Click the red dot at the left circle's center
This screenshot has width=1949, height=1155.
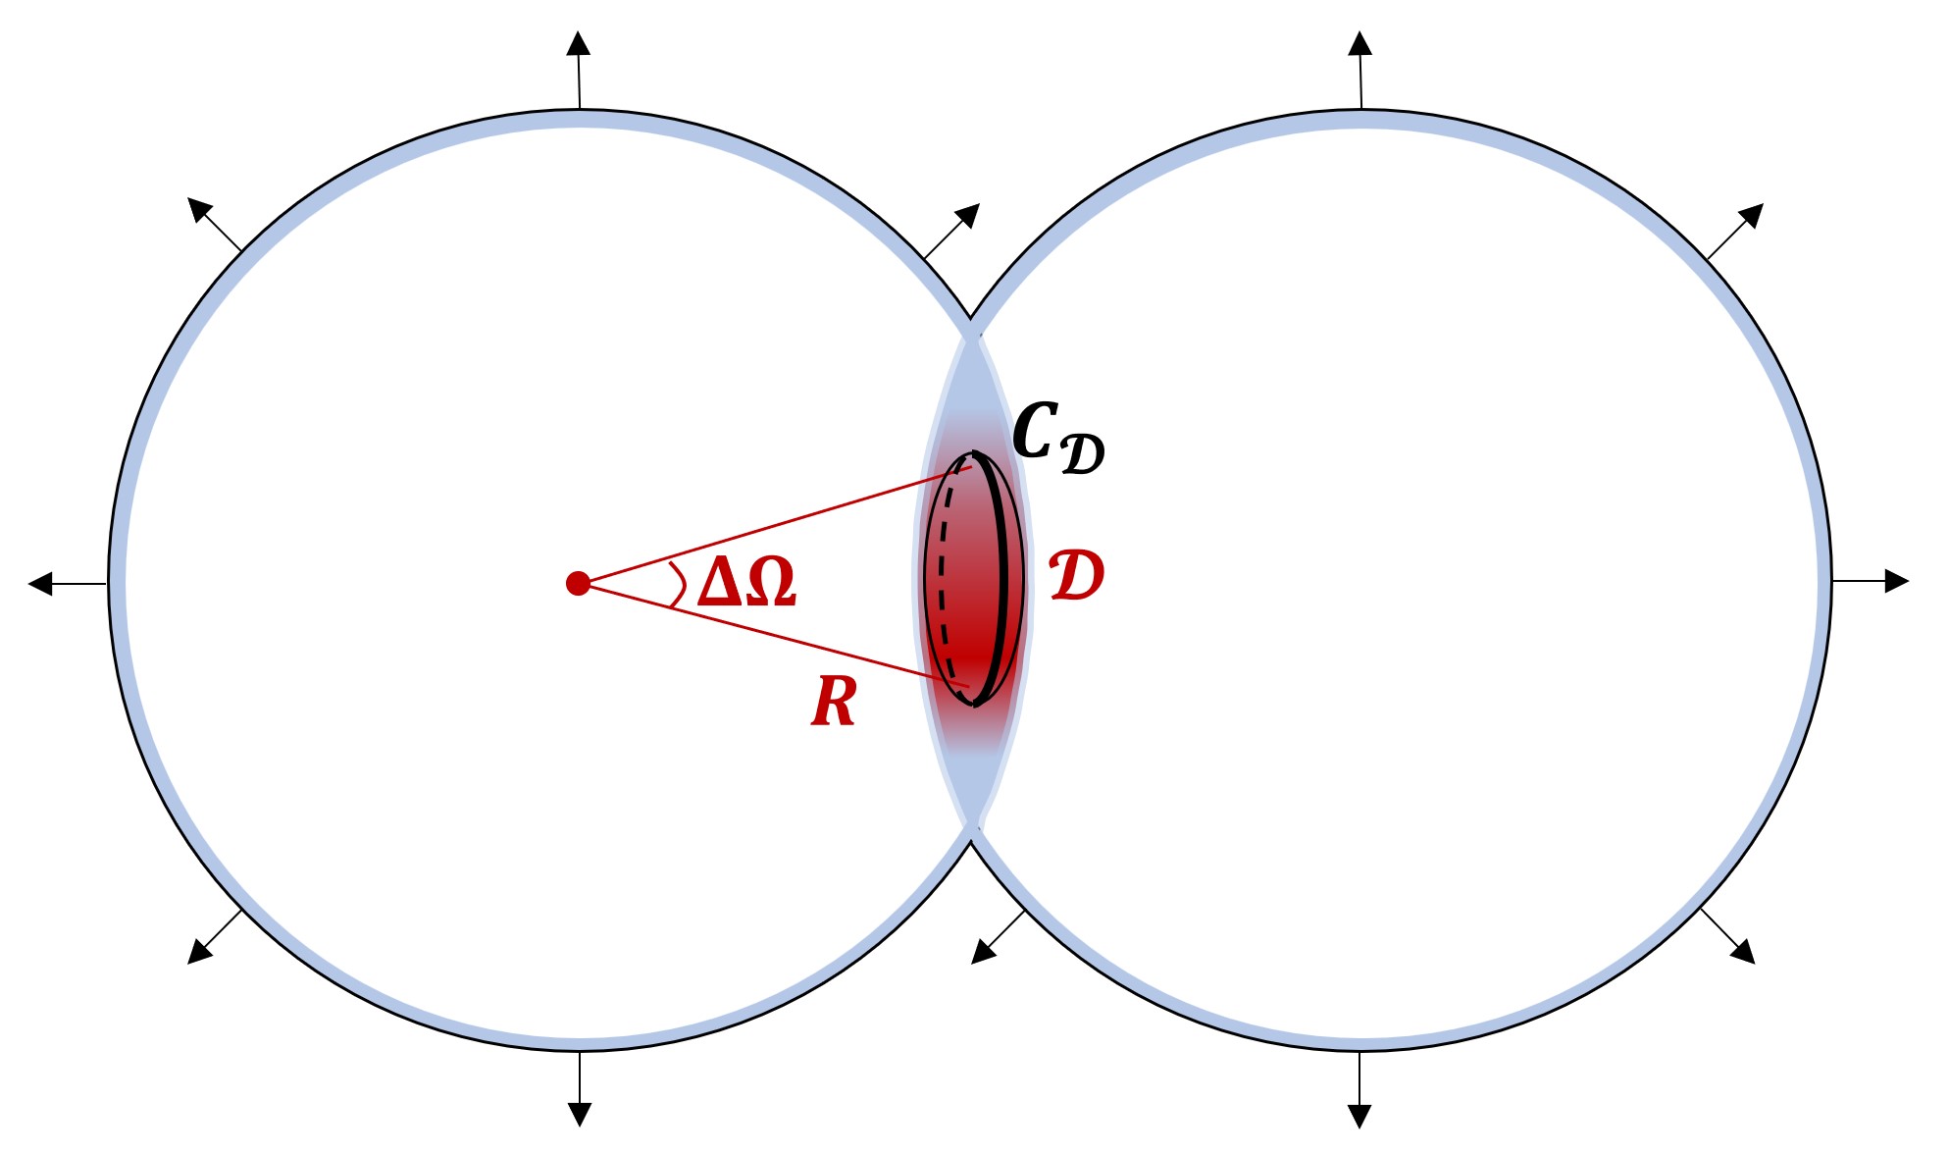578,584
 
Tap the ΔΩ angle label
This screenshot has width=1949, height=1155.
746,582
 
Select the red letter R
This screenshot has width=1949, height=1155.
834,703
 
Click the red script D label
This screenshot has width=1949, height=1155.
1076,576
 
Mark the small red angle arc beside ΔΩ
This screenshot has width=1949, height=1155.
678,585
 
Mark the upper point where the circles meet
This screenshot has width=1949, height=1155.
970,320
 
